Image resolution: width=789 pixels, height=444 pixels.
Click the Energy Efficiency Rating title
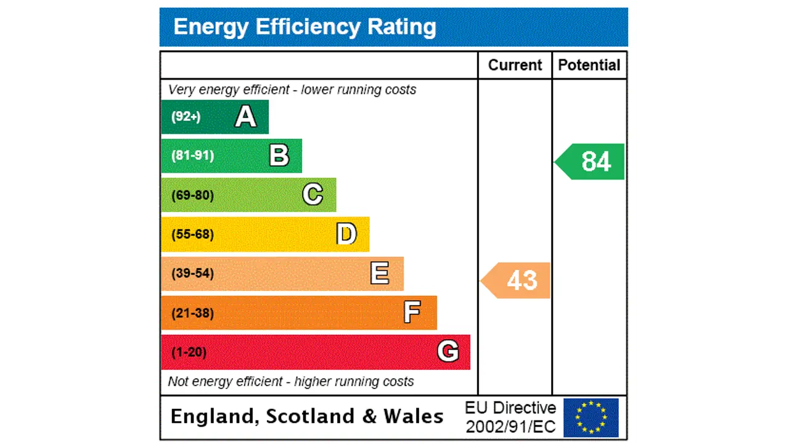(x=305, y=27)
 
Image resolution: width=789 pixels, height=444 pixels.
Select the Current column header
(x=515, y=65)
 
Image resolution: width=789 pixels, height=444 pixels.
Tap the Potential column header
(x=589, y=65)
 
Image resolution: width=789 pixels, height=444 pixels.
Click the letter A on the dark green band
(x=245, y=117)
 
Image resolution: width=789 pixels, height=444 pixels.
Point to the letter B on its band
(x=279, y=155)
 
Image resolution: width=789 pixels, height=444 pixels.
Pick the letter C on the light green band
(x=313, y=195)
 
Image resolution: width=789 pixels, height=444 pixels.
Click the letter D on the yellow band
(x=346, y=234)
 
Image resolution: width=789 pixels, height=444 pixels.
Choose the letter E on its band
(x=380, y=273)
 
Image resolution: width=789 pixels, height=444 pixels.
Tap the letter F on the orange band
(x=412, y=313)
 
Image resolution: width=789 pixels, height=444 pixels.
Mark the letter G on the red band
(x=448, y=351)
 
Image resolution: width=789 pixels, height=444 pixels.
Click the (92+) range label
(x=186, y=117)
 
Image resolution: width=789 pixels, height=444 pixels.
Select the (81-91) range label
(x=192, y=155)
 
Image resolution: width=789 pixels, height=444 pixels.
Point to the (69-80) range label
(x=192, y=195)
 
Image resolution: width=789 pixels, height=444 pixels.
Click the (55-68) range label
(x=192, y=234)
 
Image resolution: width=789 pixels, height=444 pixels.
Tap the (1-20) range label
(x=189, y=352)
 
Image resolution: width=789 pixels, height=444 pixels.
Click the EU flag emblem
(x=591, y=417)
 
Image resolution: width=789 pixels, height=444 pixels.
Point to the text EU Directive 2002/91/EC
(x=510, y=417)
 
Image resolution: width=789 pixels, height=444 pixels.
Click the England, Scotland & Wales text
(x=307, y=416)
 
